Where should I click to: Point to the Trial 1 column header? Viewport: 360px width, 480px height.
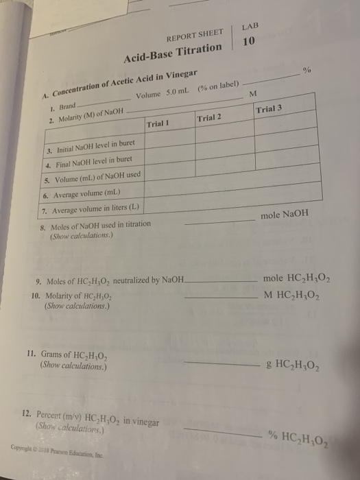click(158, 123)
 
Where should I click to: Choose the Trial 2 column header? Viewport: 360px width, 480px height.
click(211, 117)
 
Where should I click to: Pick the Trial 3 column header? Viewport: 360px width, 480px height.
click(269, 110)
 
